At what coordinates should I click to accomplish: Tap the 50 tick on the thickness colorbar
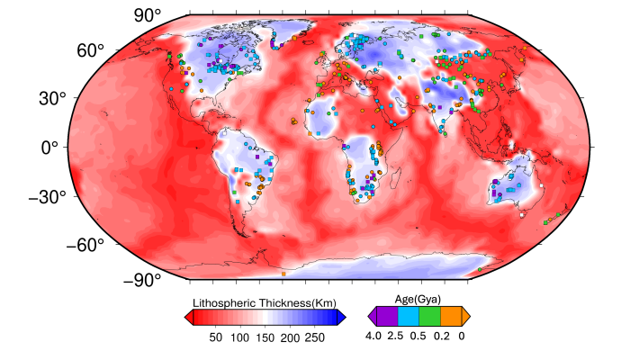point(216,337)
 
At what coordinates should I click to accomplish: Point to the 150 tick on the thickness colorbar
point(265,337)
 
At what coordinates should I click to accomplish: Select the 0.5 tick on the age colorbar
point(418,337)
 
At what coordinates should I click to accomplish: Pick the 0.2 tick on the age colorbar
point(441,337)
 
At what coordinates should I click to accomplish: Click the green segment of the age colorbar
point(429,316)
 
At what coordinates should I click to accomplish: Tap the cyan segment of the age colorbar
point(407,316)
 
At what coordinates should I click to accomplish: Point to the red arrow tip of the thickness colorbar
point(187,316)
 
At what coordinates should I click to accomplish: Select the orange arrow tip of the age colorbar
point(466,316)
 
